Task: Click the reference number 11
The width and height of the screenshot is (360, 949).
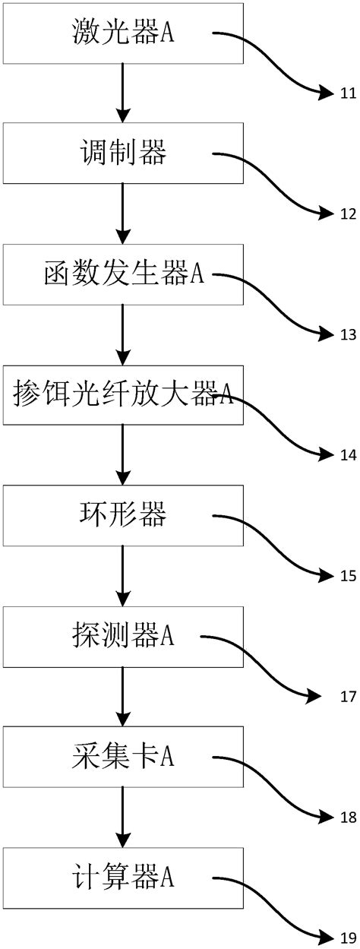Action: [x=348, y=93]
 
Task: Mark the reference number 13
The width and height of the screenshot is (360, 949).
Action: [x=348, y=334]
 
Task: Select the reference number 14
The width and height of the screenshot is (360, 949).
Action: [x=348, y=454]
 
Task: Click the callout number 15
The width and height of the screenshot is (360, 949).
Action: [x=348, y=575]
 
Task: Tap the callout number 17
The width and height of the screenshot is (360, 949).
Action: [x=348, y=695]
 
